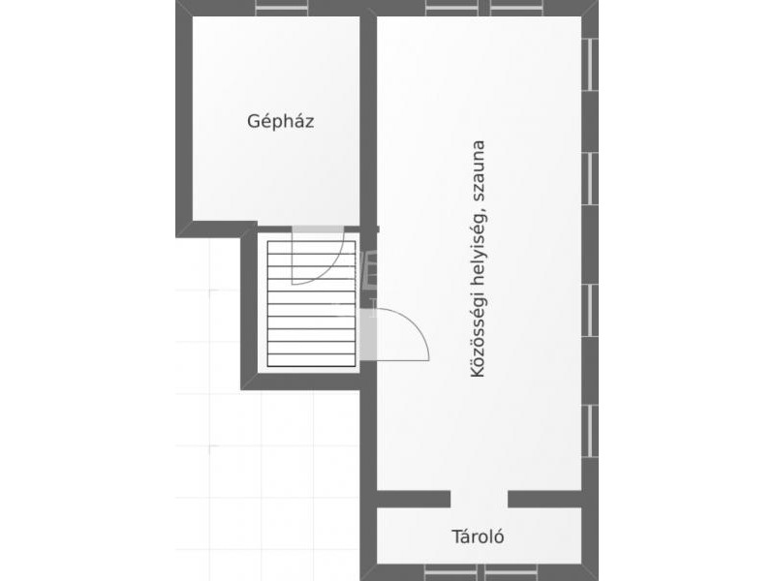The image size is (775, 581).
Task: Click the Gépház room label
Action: [x=280, y=121]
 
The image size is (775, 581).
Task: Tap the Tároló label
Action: [x=478, y=536]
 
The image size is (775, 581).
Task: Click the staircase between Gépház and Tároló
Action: [x=311, y=303]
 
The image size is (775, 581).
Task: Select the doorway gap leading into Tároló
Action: [x=479, y=499]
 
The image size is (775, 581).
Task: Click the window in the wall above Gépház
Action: [x=282, y=8]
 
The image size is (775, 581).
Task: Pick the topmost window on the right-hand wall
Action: [x=590, y=64]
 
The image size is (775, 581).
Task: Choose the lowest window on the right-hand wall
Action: [x=590, y=431]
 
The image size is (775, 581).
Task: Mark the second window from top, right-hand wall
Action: [x=590, y=178]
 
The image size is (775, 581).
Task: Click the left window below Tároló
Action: [x=450, y=572]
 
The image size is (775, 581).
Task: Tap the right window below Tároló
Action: [x=511, y=572]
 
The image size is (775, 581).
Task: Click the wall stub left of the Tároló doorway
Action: [x=414, y=499]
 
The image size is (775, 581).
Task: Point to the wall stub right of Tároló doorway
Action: [x=544, y=499]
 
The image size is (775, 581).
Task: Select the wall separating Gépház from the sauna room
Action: [x=368, y=118]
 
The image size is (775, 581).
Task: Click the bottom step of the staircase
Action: [x=311, y=360]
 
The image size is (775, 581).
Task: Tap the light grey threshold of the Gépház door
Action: [x=318, y=229]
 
